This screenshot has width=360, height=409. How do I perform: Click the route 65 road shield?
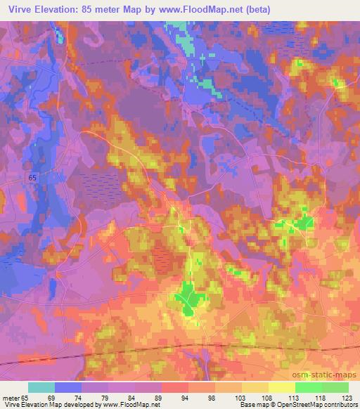(33, 178)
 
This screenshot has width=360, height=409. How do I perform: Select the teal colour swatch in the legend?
(41, 387)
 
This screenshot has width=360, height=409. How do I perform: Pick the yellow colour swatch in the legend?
(281, 387)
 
